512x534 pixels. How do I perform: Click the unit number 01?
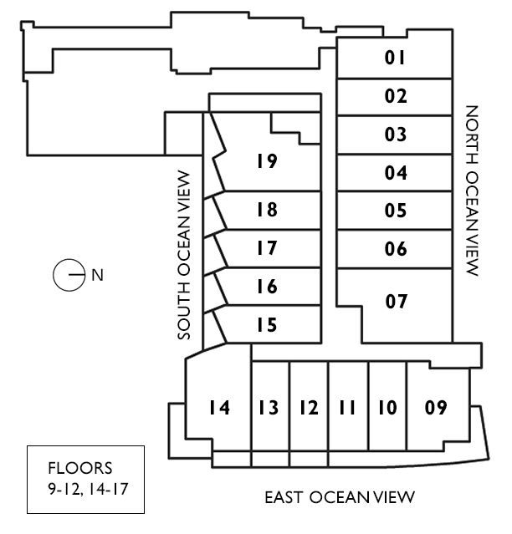[396, 58]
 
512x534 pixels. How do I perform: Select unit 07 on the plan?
[396, 301]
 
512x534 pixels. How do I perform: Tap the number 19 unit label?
[267, 161]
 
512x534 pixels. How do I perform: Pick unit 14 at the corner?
[219, 408]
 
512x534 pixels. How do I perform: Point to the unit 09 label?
[435, 408]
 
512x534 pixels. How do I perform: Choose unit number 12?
[308, 408]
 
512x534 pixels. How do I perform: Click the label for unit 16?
[267, 287]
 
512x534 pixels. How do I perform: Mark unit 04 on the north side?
[396, 174]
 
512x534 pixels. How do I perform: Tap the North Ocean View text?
[471, 191]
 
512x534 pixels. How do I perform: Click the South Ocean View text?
[186, 255]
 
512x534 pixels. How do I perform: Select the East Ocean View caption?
[340, 498]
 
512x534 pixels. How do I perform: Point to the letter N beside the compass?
[97, 275]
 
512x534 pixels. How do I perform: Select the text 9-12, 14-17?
[86, 486]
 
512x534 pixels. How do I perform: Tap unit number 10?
[386, 408]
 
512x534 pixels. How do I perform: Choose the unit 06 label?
[396, 249]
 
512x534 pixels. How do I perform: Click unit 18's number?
[267, 210]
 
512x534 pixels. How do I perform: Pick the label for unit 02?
[396, 96]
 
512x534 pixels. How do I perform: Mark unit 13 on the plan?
[269, 408]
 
